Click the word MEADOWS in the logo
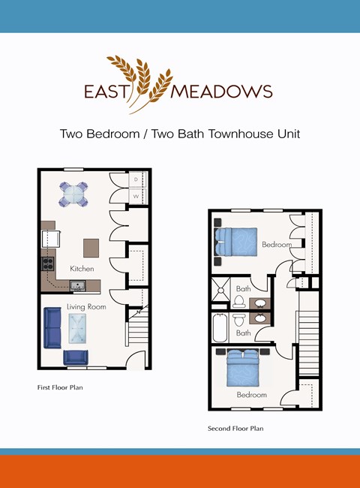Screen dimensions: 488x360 tap(222, 92)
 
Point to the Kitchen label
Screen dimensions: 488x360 tap(82, 268)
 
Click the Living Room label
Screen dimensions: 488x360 tap(85, 306)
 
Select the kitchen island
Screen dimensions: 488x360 tap(91, 247)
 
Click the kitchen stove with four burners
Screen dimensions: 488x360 tap(47, 264)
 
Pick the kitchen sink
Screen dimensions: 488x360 tap(76, 285)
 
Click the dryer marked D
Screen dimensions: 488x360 tap(136, 180)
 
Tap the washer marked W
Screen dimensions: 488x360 tap(136, 197)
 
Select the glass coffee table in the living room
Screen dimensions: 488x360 tap(76, 328)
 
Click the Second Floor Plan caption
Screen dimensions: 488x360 tap(235, 429)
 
